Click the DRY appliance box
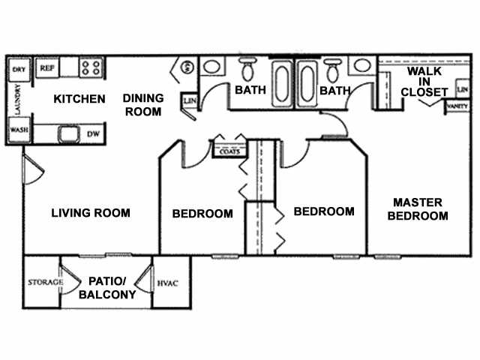coord(18,70)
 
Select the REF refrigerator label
coord(46,67)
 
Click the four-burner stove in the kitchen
coord(91,68)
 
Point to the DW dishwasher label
coord(94,133)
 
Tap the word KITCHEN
coord(79,99)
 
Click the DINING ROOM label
coord(142,105)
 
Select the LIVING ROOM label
coord(91,213)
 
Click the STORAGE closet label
coord(40,282)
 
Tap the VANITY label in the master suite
coord(456,107)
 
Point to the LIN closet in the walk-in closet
coord(462,90)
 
